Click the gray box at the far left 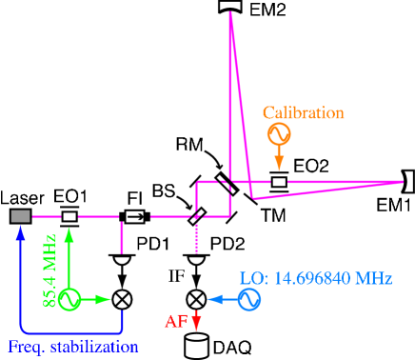[20, 216]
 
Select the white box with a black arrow [135, 216]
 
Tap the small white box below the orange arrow [279, 181]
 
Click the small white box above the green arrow [69, 216]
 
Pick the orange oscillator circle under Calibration [279, 133]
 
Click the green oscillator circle [69, 299]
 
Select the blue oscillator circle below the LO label [249, 300]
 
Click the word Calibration [303, 112]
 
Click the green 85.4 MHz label [49, 270]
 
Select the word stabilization [92, 346]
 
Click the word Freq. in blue [27, 346]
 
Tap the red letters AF [176, 321]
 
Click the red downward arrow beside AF [196, 321]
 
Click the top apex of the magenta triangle [229, 12]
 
